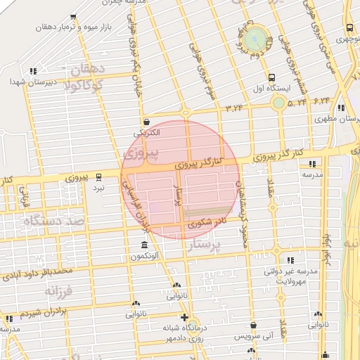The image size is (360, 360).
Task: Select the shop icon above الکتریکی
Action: [x=146, y=122]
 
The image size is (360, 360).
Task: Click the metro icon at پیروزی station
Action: [x=99, y=176]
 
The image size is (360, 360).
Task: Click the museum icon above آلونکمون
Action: [x=144, y=245]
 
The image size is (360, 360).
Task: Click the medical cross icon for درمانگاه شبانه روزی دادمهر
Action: [x=185, y=317]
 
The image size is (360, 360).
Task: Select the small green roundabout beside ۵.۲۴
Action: [x=278, y=103]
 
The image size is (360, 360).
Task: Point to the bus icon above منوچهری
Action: [x=350, y=29]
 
